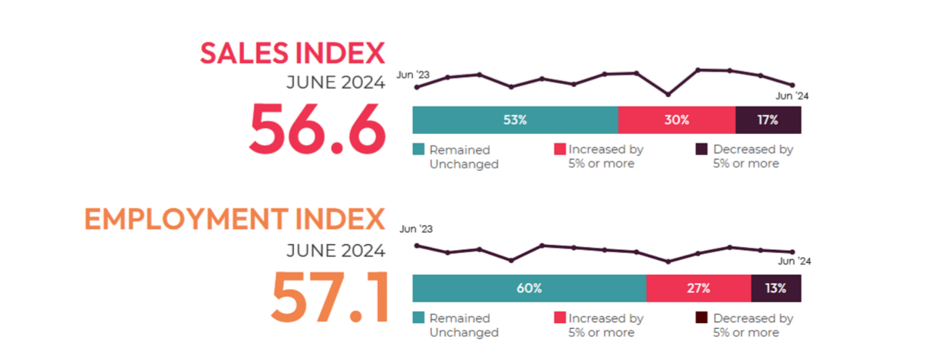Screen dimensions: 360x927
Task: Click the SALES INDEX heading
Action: tap(293, 54)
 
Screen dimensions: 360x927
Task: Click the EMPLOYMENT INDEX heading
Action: tap(235, 219)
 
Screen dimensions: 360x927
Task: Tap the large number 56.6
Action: tap(316, 129)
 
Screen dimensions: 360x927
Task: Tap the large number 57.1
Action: tap(330, 297)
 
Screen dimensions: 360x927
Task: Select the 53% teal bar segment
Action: tap(515, 120)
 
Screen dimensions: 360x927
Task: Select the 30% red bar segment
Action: tap(676, 120)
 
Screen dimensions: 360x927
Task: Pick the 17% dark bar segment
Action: tap(768, 120)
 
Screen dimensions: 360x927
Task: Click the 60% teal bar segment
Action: tap(529, 288)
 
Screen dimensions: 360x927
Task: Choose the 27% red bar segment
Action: tap(698, 288)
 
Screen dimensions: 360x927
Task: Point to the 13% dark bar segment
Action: tap(776, 288)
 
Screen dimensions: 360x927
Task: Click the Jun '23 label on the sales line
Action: tap(414, 75)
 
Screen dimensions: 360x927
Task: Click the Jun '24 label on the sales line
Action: tap(792, 96)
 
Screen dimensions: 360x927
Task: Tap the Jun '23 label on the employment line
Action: tap(416, 230)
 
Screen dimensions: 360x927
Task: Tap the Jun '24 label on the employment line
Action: tap(794, 261)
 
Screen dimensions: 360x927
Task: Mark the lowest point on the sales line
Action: tap(668, 94)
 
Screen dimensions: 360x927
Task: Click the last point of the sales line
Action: tap(792, 85)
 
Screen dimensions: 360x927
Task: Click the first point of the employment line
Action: tap(416, 246)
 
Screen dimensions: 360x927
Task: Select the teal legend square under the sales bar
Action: tap(419, 150)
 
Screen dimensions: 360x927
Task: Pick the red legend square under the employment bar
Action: tap(559, 318)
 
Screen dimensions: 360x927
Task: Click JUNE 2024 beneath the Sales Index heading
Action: tap(335, 83)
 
